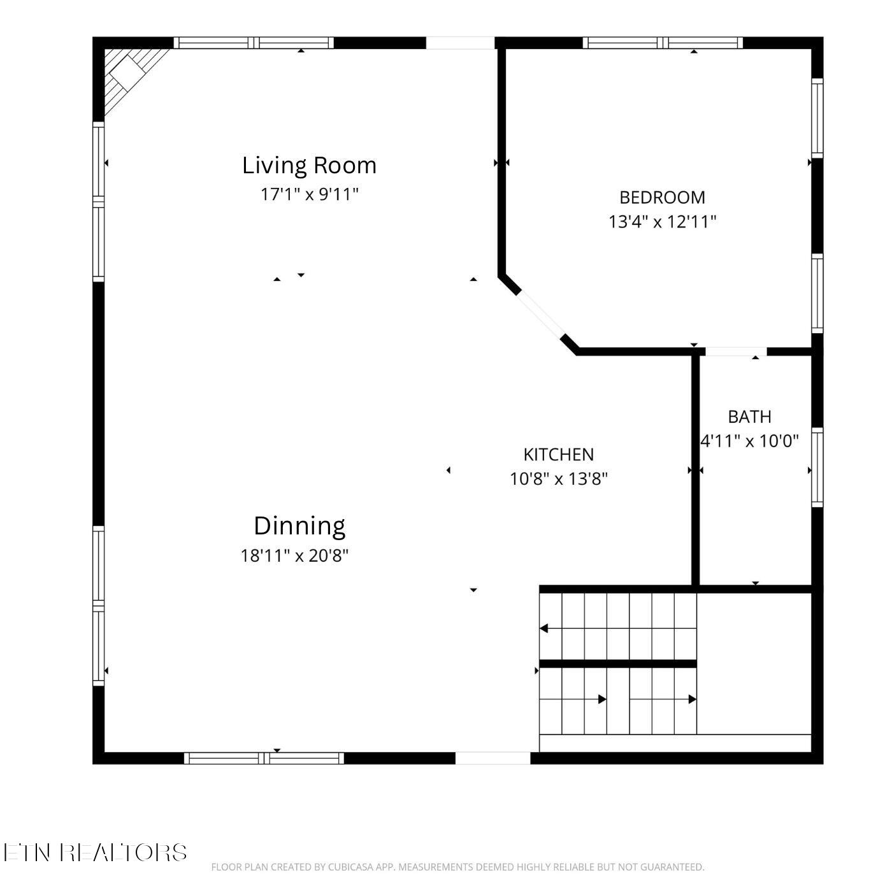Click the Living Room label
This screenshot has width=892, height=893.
click(x=309, y=166)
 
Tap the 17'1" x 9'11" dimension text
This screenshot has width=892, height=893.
click(x=309, y=194)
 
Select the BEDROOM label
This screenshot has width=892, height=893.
click(x=662, y=198)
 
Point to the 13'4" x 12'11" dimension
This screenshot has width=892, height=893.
click(x=662, y=222)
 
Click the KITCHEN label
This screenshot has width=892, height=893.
click(x=559, y=455)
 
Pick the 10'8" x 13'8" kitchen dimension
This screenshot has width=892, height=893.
click(x=559, y=479)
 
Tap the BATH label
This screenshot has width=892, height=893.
click(x=750, y=417)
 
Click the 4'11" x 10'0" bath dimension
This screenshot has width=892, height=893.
click(x=750, y=441)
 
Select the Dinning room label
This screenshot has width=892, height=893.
click(x=299, y=527)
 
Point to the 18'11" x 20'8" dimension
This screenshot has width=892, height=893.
click(x=294, y=555)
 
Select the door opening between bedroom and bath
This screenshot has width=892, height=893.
click(x=736, y=352)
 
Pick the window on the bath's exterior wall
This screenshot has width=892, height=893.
click(x=817, y=467)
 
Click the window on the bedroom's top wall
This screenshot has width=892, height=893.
click(x=663, y=43)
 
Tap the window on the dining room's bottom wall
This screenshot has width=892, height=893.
click(x=264, y=758)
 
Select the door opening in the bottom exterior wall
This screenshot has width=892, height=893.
click(x=493, y=758)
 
